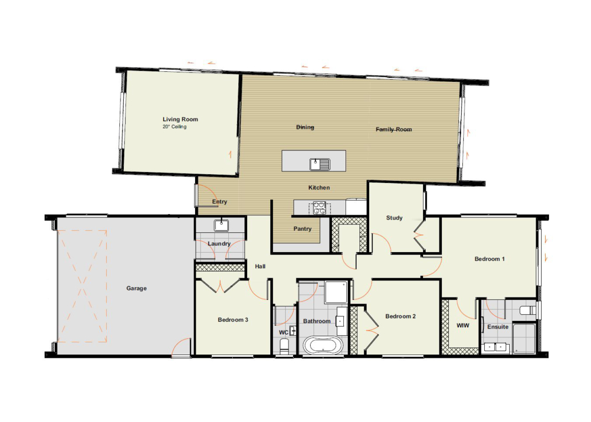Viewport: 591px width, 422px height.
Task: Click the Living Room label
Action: tap(180, 119)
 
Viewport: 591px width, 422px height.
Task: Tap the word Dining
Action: tap(305, 127)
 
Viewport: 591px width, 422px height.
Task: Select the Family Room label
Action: tap(394, 129)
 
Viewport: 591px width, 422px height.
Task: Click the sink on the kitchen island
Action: tap(320, 164)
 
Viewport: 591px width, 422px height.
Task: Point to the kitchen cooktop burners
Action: tap(319, 208)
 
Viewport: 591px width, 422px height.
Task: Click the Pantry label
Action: tap(302, 228)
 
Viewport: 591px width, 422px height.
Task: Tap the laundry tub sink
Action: tap(221, 225)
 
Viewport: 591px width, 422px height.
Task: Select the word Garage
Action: tap(137, 288)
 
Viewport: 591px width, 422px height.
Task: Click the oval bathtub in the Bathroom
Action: tap(323, 345)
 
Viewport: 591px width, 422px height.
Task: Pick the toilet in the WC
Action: tap(284, 346)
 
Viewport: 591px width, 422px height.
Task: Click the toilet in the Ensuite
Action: tap(527, 311)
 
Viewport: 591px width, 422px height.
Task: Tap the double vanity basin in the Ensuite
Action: tap(495, 347)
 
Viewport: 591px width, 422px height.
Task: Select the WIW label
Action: tap(463, 325)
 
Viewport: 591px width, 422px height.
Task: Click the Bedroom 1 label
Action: tap(489, 259)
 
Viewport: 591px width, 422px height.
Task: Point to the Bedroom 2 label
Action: tap(400, 316)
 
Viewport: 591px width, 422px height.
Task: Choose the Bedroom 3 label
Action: tap(233, 320)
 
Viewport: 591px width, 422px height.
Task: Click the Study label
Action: tap(394, 217)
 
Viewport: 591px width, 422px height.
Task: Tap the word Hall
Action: tap(260, 266)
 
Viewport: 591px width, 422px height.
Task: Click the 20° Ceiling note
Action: tap(175, 127)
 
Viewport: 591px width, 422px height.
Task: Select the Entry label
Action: tap(219, 202)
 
